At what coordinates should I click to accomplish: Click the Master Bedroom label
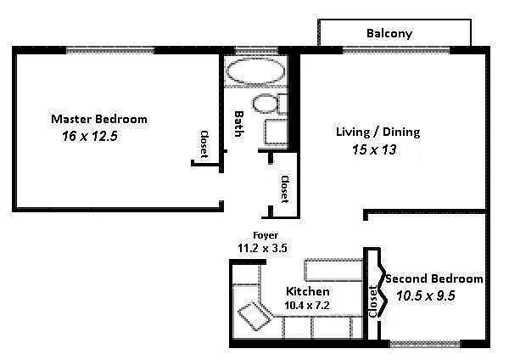click(99, 119)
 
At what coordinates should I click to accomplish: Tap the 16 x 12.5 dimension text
click(90, 136)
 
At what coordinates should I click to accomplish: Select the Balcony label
click(389, 33)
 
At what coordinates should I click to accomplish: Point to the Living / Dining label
click(378, 132)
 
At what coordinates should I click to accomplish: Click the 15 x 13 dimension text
click(374, 149)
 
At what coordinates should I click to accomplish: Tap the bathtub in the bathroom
click(255, 70)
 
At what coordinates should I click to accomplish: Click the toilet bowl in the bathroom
click(266, 104)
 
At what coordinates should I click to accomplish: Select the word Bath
click(239, 124)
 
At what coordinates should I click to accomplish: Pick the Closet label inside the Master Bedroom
click(204, 144)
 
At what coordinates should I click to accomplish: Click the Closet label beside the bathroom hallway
click(285, 189)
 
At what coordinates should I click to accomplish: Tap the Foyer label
click(266, 235)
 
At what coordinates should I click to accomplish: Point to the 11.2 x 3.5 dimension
click(262, 248)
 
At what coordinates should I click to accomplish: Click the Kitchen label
click(307, 291)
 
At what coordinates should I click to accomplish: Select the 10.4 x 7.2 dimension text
click(307, 306)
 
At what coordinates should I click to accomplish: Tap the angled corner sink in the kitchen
click(255, 316)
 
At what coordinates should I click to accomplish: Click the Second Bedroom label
click(434, 278)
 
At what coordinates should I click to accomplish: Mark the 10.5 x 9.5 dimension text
click(426, 295)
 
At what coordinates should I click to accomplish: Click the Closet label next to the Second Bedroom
click(373, 301)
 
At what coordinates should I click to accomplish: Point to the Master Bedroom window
click(110, 50)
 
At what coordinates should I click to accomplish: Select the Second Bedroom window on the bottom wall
click(425, 344)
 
